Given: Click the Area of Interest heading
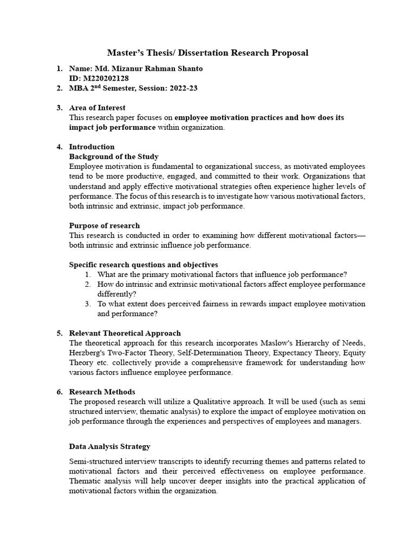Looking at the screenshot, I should click(x=97, y=108).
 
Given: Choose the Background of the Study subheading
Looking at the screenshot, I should click(x=114, y=156).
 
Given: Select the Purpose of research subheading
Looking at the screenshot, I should click(x=105, y=225).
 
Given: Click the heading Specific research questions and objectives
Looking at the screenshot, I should click(x=144, y=265).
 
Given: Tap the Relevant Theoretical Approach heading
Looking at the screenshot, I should click(x=125, y=333).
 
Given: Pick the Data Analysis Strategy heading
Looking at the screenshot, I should click(x=110, y=446).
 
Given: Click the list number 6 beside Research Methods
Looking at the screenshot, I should click(x=59, y=392).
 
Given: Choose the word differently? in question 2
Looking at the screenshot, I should click(x=116, y=294).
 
